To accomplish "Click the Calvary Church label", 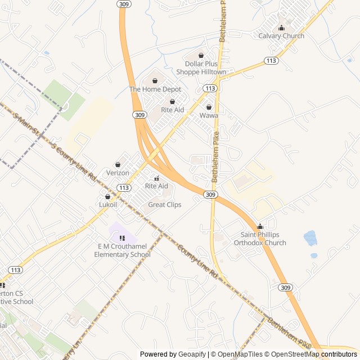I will pyautogui.click(x=281, y=36).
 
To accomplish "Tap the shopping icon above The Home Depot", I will pyautogui.click(x=155, y=81).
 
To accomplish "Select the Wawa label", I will pyautogui.click(x=209, y=115).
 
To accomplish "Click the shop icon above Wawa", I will pyautogui.click(x=209, y=107).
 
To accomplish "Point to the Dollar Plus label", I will pyautogui.click(x=201, y=64).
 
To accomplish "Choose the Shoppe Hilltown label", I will pyautogui.click(x=201, y=72).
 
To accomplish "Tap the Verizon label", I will pyautogui.click(x=118, y=173).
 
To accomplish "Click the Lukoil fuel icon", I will pyautogui.click(x=107, y=197).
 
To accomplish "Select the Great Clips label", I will pyautogui.click(x=165, y=205).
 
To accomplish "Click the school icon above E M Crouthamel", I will pyautogui.click(x=122, y=238).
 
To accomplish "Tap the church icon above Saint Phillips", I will pyautogui.click(x=260, y=227).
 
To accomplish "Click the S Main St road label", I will pyautogui.click(x=26, y=125).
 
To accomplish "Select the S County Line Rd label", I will pyautogui.click(x=74, y=161).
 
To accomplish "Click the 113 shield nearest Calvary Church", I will pyautogui.click(x=271, y=60).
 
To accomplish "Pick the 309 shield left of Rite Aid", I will pyautogui.click(x=140, y=115).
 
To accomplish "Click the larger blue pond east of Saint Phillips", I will pyautogui.click(x=310, y=238).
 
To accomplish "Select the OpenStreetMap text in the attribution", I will pyautogui.click(x=294, y=354).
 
